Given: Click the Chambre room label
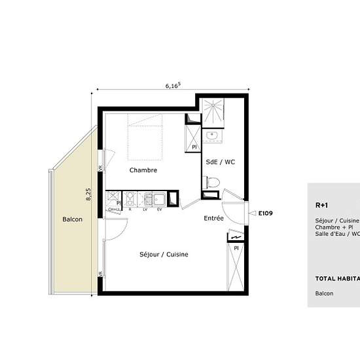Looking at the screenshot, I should [143, 170].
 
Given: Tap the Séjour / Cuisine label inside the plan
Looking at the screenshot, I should [164, 254].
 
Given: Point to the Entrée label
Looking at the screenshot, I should [214, 219].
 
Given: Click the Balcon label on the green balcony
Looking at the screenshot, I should [72, 219].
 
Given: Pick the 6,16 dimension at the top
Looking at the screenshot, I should [173, 85].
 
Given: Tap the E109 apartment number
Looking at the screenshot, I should [265, 213].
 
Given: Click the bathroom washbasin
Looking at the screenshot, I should [211, 136].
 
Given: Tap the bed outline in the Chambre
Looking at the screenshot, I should [144, 136].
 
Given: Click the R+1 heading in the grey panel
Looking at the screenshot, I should [321, 204].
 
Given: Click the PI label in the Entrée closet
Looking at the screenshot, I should [235, 248].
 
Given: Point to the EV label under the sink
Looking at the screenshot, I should [159, 209].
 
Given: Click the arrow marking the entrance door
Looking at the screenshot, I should [253, 213].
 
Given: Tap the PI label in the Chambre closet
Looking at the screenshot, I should [194, 147].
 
